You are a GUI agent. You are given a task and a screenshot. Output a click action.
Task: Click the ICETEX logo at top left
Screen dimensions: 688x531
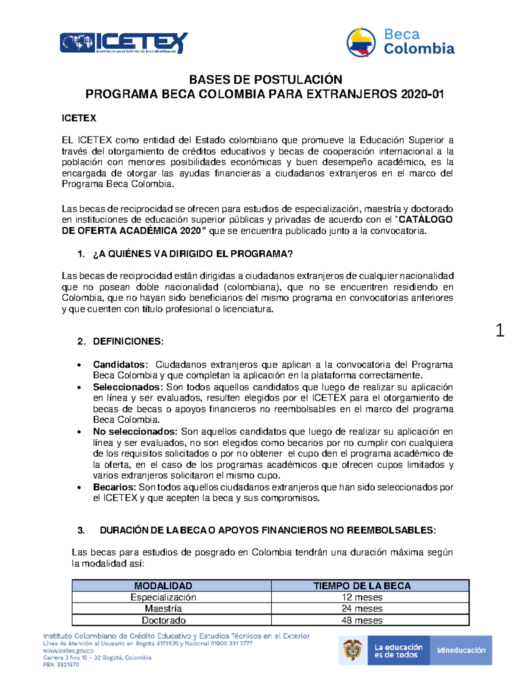pos(123,43)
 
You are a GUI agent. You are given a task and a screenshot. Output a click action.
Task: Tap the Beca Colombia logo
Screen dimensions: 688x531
pos(400,42)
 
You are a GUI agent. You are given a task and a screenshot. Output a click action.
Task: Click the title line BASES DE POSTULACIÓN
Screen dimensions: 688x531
pos(265,80)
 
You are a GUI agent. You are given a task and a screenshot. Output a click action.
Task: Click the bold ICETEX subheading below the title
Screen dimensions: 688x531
pos(79,118)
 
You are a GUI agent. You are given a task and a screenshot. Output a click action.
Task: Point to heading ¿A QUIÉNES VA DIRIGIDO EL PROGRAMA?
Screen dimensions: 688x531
pos(192,254)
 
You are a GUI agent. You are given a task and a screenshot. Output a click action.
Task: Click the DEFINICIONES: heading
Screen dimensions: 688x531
pos(128,342)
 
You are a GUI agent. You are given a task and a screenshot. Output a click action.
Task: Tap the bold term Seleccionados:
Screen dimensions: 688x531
pos(127,387)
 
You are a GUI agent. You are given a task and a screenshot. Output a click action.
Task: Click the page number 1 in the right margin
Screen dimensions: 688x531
pos(500,330)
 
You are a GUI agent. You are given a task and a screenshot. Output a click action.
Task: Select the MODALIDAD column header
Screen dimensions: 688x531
pos(163,586)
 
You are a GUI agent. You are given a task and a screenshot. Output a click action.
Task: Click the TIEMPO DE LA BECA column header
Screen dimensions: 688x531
pos(362,586)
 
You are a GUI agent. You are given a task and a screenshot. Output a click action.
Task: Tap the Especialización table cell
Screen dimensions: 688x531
pos(163,597)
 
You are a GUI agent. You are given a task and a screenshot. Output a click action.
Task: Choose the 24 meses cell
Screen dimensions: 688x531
pos(362,609)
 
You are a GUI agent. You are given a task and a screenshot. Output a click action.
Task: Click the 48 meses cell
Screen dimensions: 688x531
pos(362,620)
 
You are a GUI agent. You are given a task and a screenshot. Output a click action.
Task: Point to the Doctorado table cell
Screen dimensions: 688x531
pos(163,620)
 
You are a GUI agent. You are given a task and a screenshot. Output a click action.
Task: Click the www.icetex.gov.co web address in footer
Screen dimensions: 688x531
pos(68,651)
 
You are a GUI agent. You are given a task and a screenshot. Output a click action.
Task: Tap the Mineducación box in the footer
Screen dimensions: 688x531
pos(461,650)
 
